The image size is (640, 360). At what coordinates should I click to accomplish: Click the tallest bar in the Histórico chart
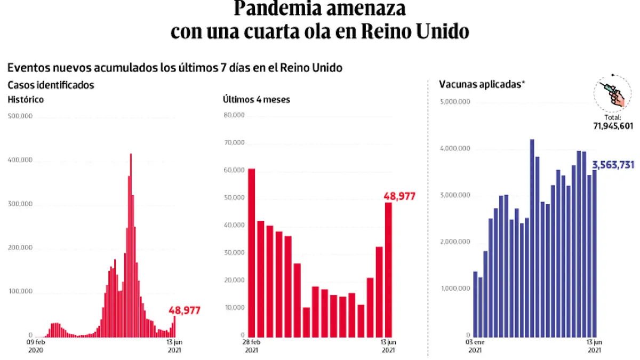(131, 245)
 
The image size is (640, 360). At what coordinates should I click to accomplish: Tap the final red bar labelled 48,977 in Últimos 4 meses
(388, 269)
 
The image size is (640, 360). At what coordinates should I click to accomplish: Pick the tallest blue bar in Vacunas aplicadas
(532, 237)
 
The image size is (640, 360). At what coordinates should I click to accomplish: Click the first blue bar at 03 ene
(475, 303)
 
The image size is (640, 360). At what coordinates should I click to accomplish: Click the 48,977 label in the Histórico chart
(185, 310)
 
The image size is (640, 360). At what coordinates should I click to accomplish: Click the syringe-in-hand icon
(613, 93)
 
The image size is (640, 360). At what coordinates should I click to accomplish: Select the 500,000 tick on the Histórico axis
(20, 116)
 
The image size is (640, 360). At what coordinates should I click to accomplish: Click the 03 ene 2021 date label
(475, 346)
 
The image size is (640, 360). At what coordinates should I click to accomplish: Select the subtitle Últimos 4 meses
(257, 99)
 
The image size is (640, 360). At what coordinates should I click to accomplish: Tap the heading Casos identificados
(51, 84)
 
